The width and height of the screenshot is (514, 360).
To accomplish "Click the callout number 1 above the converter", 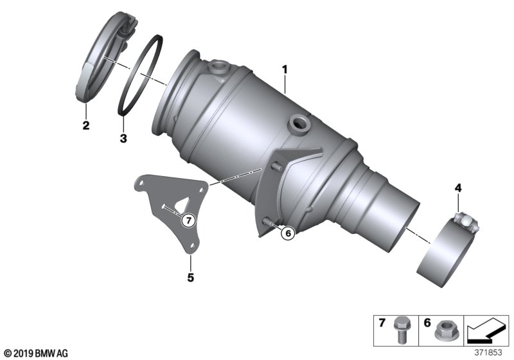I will pyautogui.click(x=283, y=67).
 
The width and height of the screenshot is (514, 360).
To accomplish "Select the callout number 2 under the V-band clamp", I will pyautogui.click(x=85, y=125).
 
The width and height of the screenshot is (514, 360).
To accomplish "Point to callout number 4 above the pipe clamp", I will pyautogui.click(x=458, y=188).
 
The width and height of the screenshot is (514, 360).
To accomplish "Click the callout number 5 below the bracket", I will pyautogui.click(x=190, y=278).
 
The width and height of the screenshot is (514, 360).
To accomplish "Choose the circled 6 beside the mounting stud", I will pyautogui.click(x=287, y=234).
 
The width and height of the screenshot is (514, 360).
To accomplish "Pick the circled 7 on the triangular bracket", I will pyautogui.click(x=187, y=221).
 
